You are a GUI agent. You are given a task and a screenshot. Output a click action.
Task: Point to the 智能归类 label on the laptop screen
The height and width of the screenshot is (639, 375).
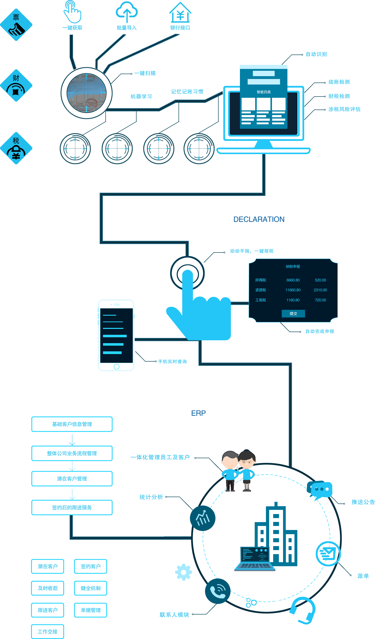(x=264, y=92)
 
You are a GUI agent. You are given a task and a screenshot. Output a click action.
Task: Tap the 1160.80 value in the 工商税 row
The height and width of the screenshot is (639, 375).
(x=293, y=300)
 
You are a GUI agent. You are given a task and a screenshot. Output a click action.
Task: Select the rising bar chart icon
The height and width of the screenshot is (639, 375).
(x=203, y=518)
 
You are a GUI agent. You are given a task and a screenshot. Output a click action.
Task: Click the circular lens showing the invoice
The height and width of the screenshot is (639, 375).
(x=86, y=93)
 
